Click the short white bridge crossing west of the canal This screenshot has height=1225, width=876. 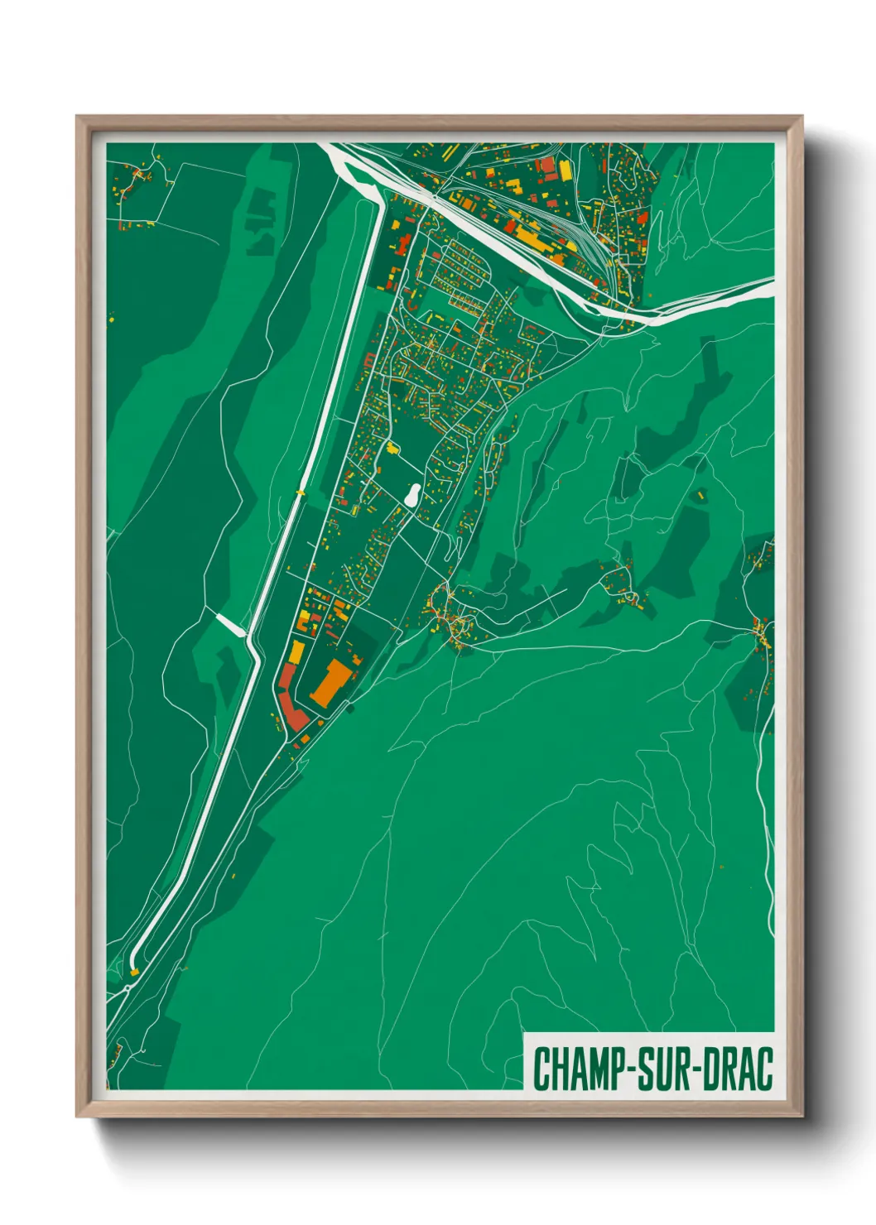click(231, 624)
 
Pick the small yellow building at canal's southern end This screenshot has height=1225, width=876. click(134, 972)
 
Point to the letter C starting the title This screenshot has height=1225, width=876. click(541, 1069)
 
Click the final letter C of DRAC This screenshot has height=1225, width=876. click(764, 1069)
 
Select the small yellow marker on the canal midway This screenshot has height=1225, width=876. click(300, 492)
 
